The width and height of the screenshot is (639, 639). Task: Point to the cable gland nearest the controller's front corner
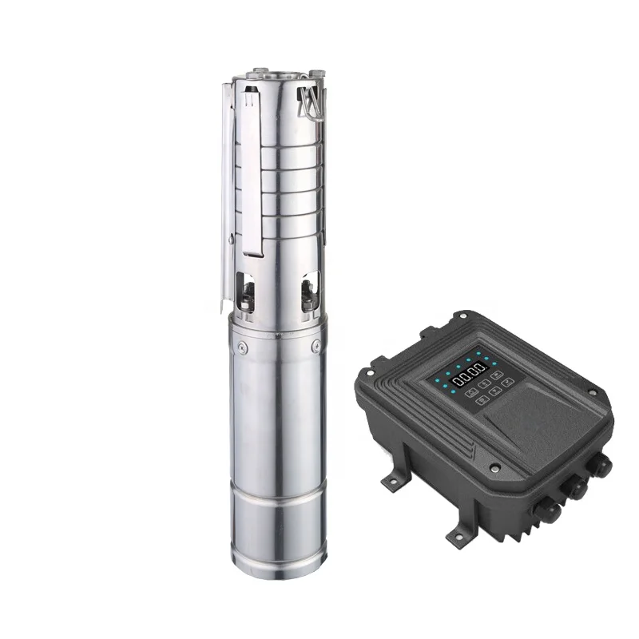click(x=550, y=512)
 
